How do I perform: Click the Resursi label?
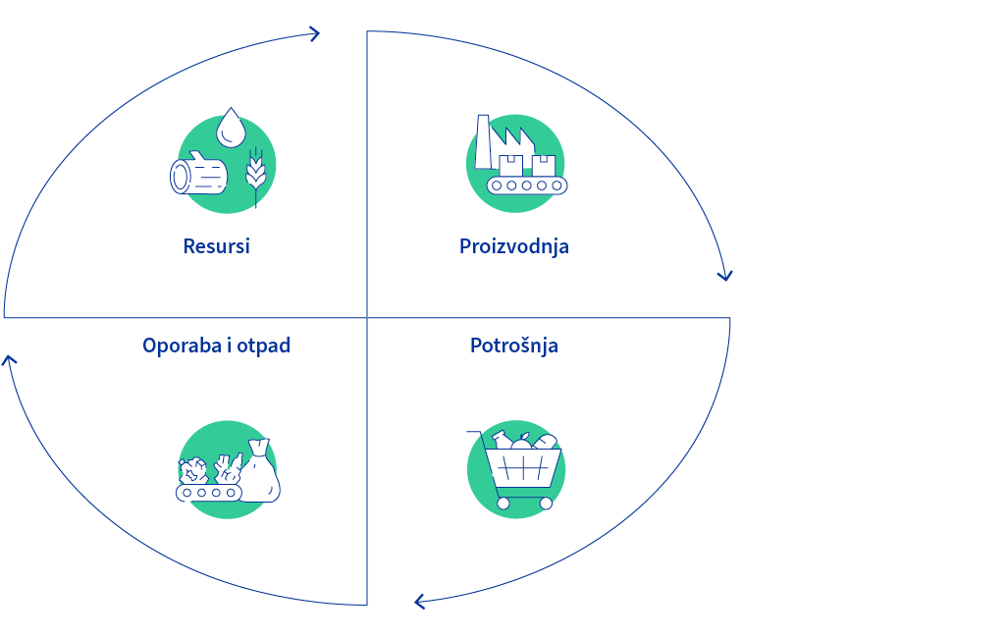[x=216, y=246]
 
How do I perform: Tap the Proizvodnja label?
[x=514, y=246]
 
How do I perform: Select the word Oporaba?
[x=182, y=346]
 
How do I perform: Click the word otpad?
[x=263, y=346]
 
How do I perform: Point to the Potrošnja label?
[x=514, y=346]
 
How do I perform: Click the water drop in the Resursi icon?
[x=231, y=128]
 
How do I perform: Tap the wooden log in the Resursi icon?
[x=198, y=174]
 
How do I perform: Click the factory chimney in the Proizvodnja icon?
[x=483, y=141]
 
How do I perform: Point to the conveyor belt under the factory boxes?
[x=527, y=186]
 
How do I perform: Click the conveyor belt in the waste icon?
[x=209, y=493]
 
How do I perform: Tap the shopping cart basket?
[x=523, y=468]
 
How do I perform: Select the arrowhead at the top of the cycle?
[x=313, y=34]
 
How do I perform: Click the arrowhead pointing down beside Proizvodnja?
[x=725, y=276]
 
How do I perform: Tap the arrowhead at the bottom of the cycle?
[x=420, y=602]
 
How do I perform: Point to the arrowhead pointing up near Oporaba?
[x=8, y=360]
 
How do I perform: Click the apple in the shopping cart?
[x=521, y=442]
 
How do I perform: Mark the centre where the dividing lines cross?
[x=367, y=317]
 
